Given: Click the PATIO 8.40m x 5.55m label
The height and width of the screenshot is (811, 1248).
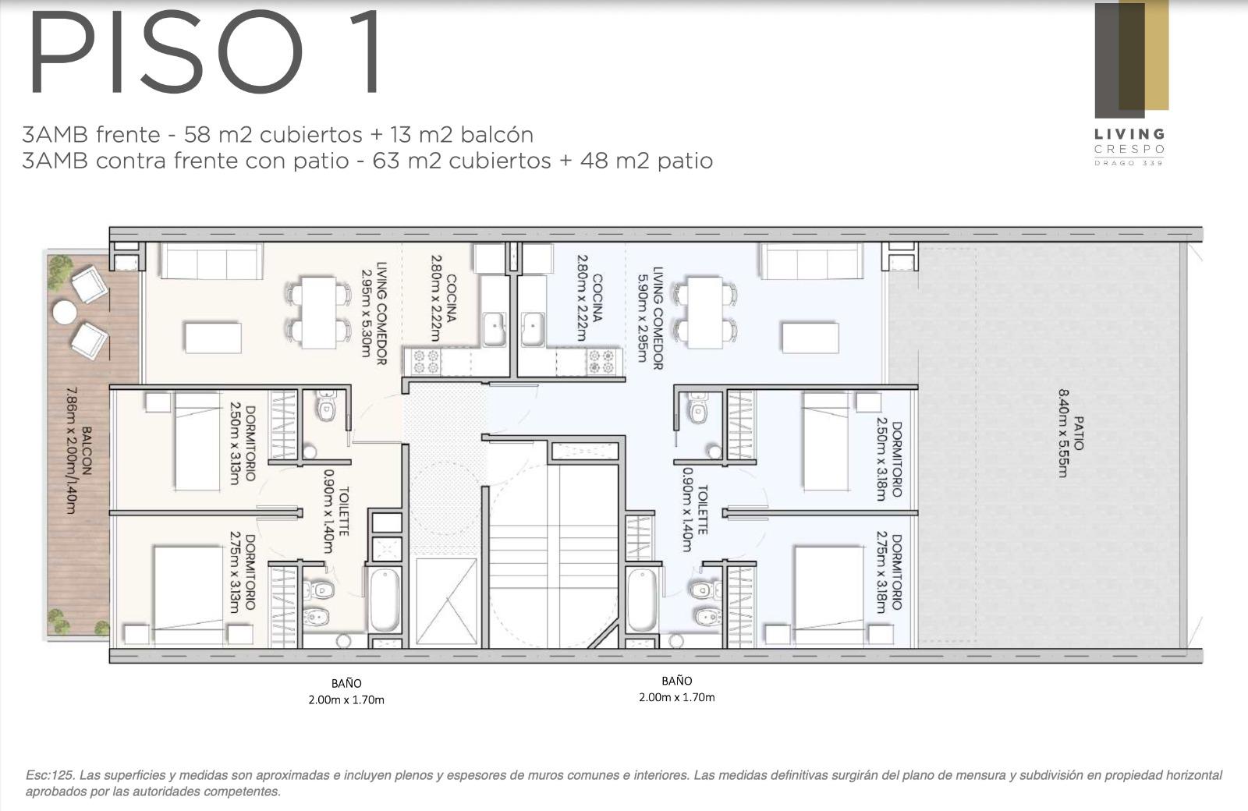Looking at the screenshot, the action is click(x=1070, y=433).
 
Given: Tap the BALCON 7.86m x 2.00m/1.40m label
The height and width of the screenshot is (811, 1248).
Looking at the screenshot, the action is click(x=79, y=450).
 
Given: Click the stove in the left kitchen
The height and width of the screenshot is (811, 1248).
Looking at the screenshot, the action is click(x=426, y=362).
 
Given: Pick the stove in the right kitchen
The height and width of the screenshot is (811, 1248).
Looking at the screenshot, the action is click(x=601, y=362).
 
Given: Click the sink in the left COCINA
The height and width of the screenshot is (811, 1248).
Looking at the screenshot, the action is click(x=494, y=329).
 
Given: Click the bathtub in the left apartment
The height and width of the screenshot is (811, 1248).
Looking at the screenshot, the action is click(x=385, y=600).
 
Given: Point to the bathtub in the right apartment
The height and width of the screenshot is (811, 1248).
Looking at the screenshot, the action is click(x=642, y=600).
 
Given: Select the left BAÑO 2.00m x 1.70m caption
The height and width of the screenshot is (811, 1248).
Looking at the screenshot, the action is click(x=346, y=691).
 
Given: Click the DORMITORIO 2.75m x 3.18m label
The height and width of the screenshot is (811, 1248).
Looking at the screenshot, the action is click(x=888, y=572).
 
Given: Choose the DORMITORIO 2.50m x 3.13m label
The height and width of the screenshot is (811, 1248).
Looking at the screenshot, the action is click(x=243, y=443).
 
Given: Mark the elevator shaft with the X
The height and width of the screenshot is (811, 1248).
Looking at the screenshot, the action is click(x=446, y=601).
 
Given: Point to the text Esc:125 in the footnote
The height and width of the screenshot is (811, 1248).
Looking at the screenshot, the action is click(x=50, y=775).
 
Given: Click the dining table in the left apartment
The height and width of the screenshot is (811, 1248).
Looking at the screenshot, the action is click(x=318, y=313).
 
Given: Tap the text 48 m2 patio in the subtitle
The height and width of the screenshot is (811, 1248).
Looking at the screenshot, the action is click(x=647, y=161).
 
